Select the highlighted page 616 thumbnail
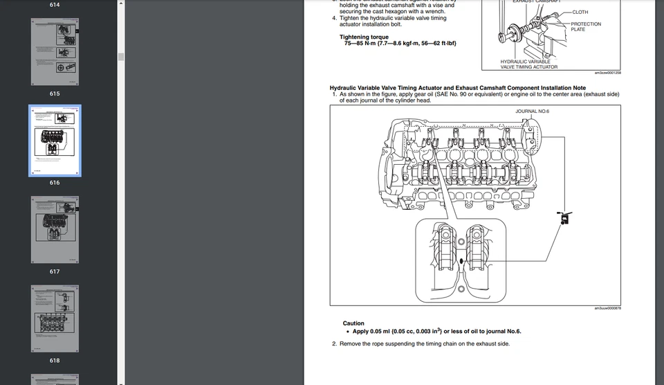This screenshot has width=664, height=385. [55, 141]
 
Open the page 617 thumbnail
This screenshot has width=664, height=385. [55, 229]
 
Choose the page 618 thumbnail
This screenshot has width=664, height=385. [55, 318]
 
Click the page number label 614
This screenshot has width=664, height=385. [55, 5]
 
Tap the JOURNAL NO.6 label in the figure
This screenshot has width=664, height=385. [532, 111]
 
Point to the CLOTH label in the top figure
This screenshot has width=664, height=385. [580, 12]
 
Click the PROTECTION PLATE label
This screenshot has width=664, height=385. [586, 27]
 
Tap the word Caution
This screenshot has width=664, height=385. [353, 323]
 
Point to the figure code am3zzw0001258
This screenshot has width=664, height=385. [607, 73]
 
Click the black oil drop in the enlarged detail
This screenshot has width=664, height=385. [461, 262]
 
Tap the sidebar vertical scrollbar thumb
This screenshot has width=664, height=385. [120, 57]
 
